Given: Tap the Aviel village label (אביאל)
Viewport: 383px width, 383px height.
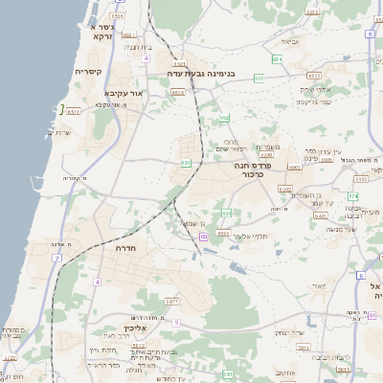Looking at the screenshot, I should click(290, 41).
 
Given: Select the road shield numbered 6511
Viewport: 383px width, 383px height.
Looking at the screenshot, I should click(73, 111).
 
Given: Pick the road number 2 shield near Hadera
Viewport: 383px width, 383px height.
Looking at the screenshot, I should click(56, 259).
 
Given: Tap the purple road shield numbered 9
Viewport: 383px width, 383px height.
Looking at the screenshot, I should click(176, 323).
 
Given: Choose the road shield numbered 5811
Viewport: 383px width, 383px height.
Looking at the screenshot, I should click(173, 302).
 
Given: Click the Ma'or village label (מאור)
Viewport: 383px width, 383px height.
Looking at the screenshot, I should click(319, 285).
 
